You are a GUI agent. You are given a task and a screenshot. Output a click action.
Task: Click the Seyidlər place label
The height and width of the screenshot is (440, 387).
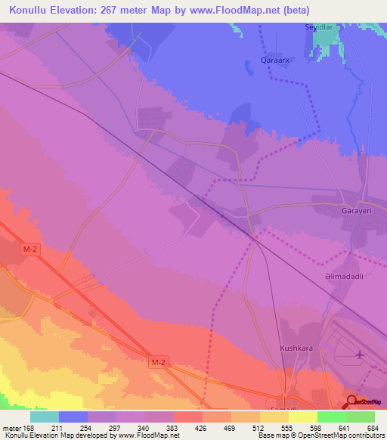319,26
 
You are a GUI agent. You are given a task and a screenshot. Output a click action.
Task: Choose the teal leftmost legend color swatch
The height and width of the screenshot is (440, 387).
45,417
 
